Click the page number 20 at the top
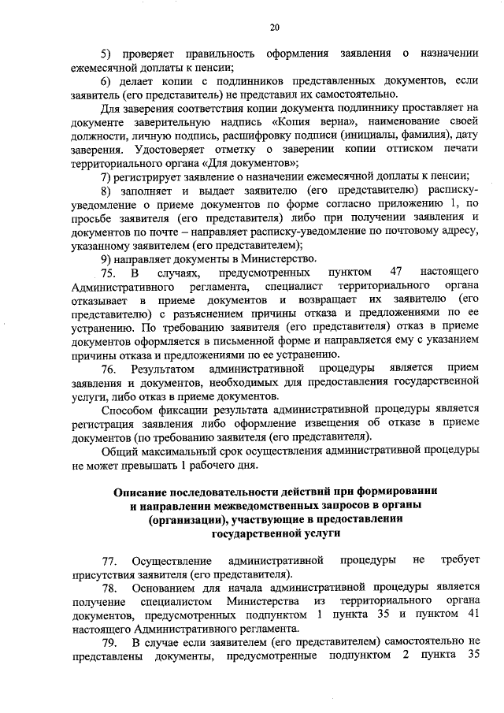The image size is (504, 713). pos(274,28)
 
